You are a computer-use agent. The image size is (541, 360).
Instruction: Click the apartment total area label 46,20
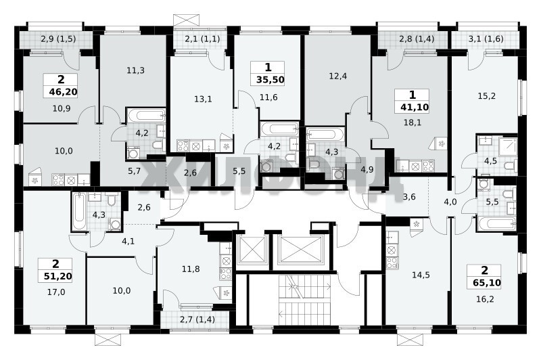pos(61,92)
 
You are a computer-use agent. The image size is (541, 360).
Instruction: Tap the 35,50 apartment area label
pos(270,80)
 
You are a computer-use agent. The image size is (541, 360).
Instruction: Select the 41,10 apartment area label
pos(415,108)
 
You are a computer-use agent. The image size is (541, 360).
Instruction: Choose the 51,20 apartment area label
pos(57,276)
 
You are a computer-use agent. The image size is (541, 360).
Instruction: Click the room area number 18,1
pos(413,122)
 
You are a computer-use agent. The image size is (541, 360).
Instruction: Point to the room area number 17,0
pos(56,292)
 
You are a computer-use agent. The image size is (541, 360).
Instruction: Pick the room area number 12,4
pos(337,76)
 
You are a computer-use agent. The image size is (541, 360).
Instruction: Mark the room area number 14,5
pos(421,275)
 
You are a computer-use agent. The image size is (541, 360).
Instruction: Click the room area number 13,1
pos(203,99)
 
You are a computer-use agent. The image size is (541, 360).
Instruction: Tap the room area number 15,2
pos(486,96)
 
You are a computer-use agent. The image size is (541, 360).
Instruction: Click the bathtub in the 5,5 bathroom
pos(497,223)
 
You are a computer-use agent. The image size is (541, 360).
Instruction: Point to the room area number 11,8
pos(191,269)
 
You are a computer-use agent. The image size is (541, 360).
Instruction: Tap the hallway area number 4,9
pos(367,169)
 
